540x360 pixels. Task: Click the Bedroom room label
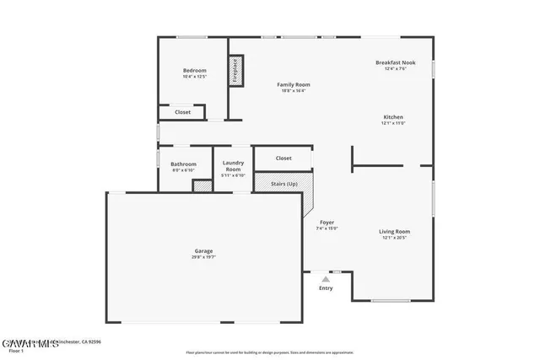pyautogui.click(x=194, y=70)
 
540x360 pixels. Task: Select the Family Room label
pyautogui.click(x=294, y=84)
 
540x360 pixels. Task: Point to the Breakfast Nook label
pyautogui.click(x=395, y=62)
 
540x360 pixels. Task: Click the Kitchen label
pyautogui.click(x=393, y=117)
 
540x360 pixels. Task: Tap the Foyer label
pyautogui.click(x=326, y=222)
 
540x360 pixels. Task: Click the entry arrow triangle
pyautogui.click(x=326, y=277)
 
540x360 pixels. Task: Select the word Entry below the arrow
pyautogui.click(x=326, y=288)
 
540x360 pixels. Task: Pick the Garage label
pyautogui.click(x=203, y=250)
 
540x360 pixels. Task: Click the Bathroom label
pyautogui.click(x=183, y=164)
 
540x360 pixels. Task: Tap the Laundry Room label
pyautogui.click(x=233, y=166)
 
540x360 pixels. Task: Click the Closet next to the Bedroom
pyautogui.click(x=182, y=112)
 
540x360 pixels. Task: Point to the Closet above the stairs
pyautogui.click(x=283, y=158)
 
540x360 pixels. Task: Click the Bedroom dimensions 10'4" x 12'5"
pyautogui.click(x=194, y=77)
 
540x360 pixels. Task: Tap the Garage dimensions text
pyautogui.click(x=203, y=257)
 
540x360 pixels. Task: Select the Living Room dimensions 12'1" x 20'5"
pyautogui.click(x=394, y=238)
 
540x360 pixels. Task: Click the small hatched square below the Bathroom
pyautogui.click(x=202, y=185)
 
